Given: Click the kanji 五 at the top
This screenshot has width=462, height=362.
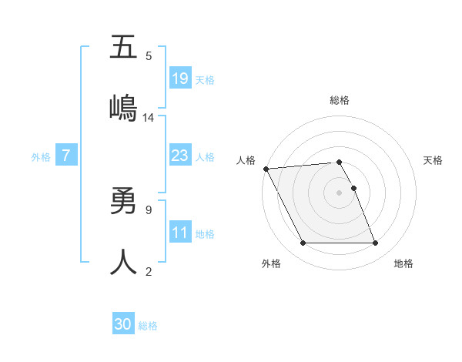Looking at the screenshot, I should coord(123,47).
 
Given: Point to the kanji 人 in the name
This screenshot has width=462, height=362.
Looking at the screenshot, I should coord(123,263).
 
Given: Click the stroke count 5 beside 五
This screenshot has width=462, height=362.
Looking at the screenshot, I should coord(149,55).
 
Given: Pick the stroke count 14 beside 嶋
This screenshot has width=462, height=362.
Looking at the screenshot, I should coord(149,117).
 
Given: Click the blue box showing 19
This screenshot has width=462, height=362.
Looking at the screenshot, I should coord(179,78).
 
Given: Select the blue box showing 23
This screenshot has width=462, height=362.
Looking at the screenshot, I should coord(179,156).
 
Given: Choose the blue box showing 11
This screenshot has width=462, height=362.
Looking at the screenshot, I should coord(179,233).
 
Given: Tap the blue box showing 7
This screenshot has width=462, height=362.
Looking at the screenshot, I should coord(66,156).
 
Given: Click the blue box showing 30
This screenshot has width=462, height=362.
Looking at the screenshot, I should coord(123,325).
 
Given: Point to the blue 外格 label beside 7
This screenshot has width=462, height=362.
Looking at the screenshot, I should coord(41,156).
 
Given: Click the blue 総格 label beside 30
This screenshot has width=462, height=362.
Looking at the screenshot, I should coord(148,326).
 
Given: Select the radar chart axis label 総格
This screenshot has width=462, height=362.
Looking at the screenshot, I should coord(340,100).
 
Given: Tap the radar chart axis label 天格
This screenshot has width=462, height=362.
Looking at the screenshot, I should coord(434,160).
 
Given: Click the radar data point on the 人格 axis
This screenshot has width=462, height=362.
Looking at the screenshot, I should coord(266,169).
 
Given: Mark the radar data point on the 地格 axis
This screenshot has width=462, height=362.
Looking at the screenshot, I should coord(376,243).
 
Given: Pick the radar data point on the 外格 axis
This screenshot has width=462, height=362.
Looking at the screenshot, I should coord(303,243).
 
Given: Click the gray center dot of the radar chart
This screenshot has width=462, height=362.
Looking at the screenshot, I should coord(340,193).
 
